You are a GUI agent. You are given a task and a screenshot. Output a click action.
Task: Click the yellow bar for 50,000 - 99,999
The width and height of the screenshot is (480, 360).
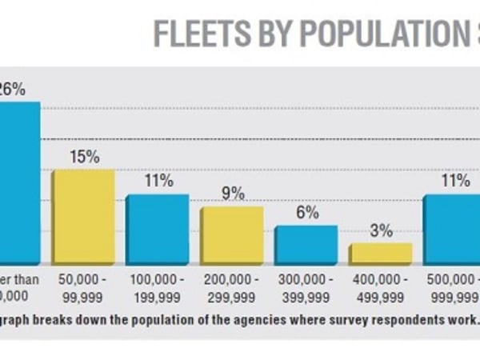point(82,217)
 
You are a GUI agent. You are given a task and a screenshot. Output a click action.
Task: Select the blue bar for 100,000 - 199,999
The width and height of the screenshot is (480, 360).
point(157,229)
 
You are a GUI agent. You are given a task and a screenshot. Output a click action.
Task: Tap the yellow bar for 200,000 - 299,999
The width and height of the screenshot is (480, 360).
point(231,235)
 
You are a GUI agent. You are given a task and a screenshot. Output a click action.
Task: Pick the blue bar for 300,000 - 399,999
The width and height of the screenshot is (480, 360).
point(306,245)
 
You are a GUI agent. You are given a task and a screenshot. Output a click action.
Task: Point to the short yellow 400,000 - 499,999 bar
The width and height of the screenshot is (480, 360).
point(380,254)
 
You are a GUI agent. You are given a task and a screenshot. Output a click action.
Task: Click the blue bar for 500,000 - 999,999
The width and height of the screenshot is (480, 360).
point(452,229)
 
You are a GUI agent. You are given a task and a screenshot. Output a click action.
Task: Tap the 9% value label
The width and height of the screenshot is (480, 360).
point(231,193)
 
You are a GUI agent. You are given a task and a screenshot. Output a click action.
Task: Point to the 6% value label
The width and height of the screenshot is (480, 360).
point(306,212)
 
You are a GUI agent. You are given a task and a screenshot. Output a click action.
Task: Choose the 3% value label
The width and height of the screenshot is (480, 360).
point(381,230)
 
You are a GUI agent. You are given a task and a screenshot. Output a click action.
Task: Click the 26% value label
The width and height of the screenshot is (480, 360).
point(10,88)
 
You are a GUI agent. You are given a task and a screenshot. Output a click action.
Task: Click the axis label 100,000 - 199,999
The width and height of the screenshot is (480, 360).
point(158,289)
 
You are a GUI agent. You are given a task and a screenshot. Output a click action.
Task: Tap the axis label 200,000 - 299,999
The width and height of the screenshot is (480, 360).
point(232,289)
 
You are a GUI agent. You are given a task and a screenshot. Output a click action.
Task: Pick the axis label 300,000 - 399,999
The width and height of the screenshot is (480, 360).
point(306,289)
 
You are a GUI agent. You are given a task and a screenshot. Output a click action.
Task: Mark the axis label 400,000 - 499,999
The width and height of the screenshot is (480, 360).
point(381,289)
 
